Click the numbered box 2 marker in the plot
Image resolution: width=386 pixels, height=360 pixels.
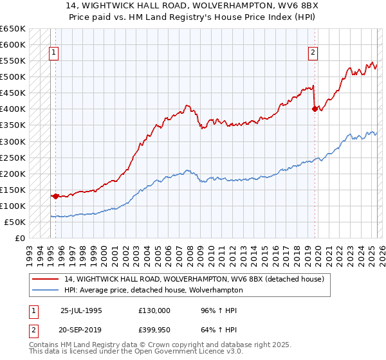[x=313, y=53]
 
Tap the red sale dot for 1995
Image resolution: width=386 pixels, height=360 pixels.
[x=55, y=196]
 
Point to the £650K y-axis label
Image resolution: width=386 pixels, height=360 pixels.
[x=13, y=29]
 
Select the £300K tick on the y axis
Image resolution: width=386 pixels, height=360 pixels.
[x=13, y=141]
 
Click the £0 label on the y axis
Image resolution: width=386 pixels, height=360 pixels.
[x=20, y=238]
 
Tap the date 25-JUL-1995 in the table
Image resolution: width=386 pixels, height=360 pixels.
[x=81, y=310]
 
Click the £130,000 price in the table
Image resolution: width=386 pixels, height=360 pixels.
[x=154, y=310]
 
